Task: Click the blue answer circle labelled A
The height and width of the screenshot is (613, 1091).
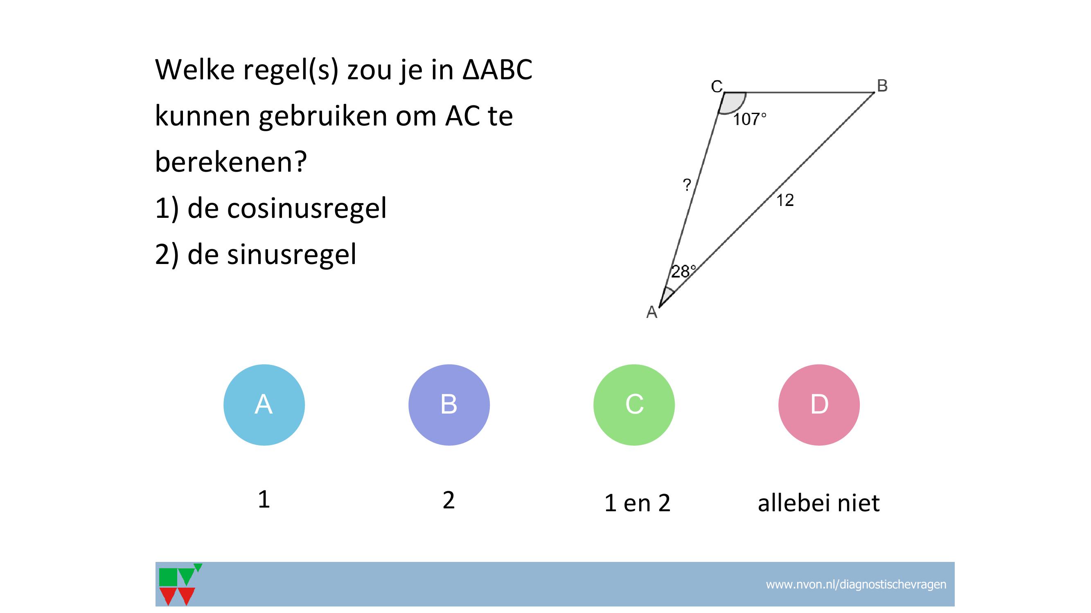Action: coord(264,405)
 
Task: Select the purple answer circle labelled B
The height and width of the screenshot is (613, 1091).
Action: coord(449,405)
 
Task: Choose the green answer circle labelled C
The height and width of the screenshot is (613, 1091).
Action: coord(634,405)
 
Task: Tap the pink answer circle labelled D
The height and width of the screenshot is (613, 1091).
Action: coord(819,405)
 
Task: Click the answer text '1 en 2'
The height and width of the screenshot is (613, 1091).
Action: coord(638,503)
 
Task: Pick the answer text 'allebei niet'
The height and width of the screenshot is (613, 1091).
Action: coord(819,503)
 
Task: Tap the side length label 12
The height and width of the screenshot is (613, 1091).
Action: coord(785,200)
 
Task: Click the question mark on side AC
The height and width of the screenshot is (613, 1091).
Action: coord(687,184)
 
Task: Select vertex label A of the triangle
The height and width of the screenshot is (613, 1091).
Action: coord(652,312)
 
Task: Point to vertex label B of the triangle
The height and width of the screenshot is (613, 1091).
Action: coord(882,86)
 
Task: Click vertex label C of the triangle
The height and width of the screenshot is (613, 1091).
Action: coord(717,86)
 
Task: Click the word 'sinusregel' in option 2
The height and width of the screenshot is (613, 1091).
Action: coord(292,254)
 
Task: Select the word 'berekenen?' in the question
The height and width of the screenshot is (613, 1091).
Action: coord(231,161)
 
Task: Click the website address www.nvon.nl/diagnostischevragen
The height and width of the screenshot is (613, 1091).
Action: coord(856,584)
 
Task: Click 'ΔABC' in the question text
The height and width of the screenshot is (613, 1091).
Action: coord(497,69)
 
